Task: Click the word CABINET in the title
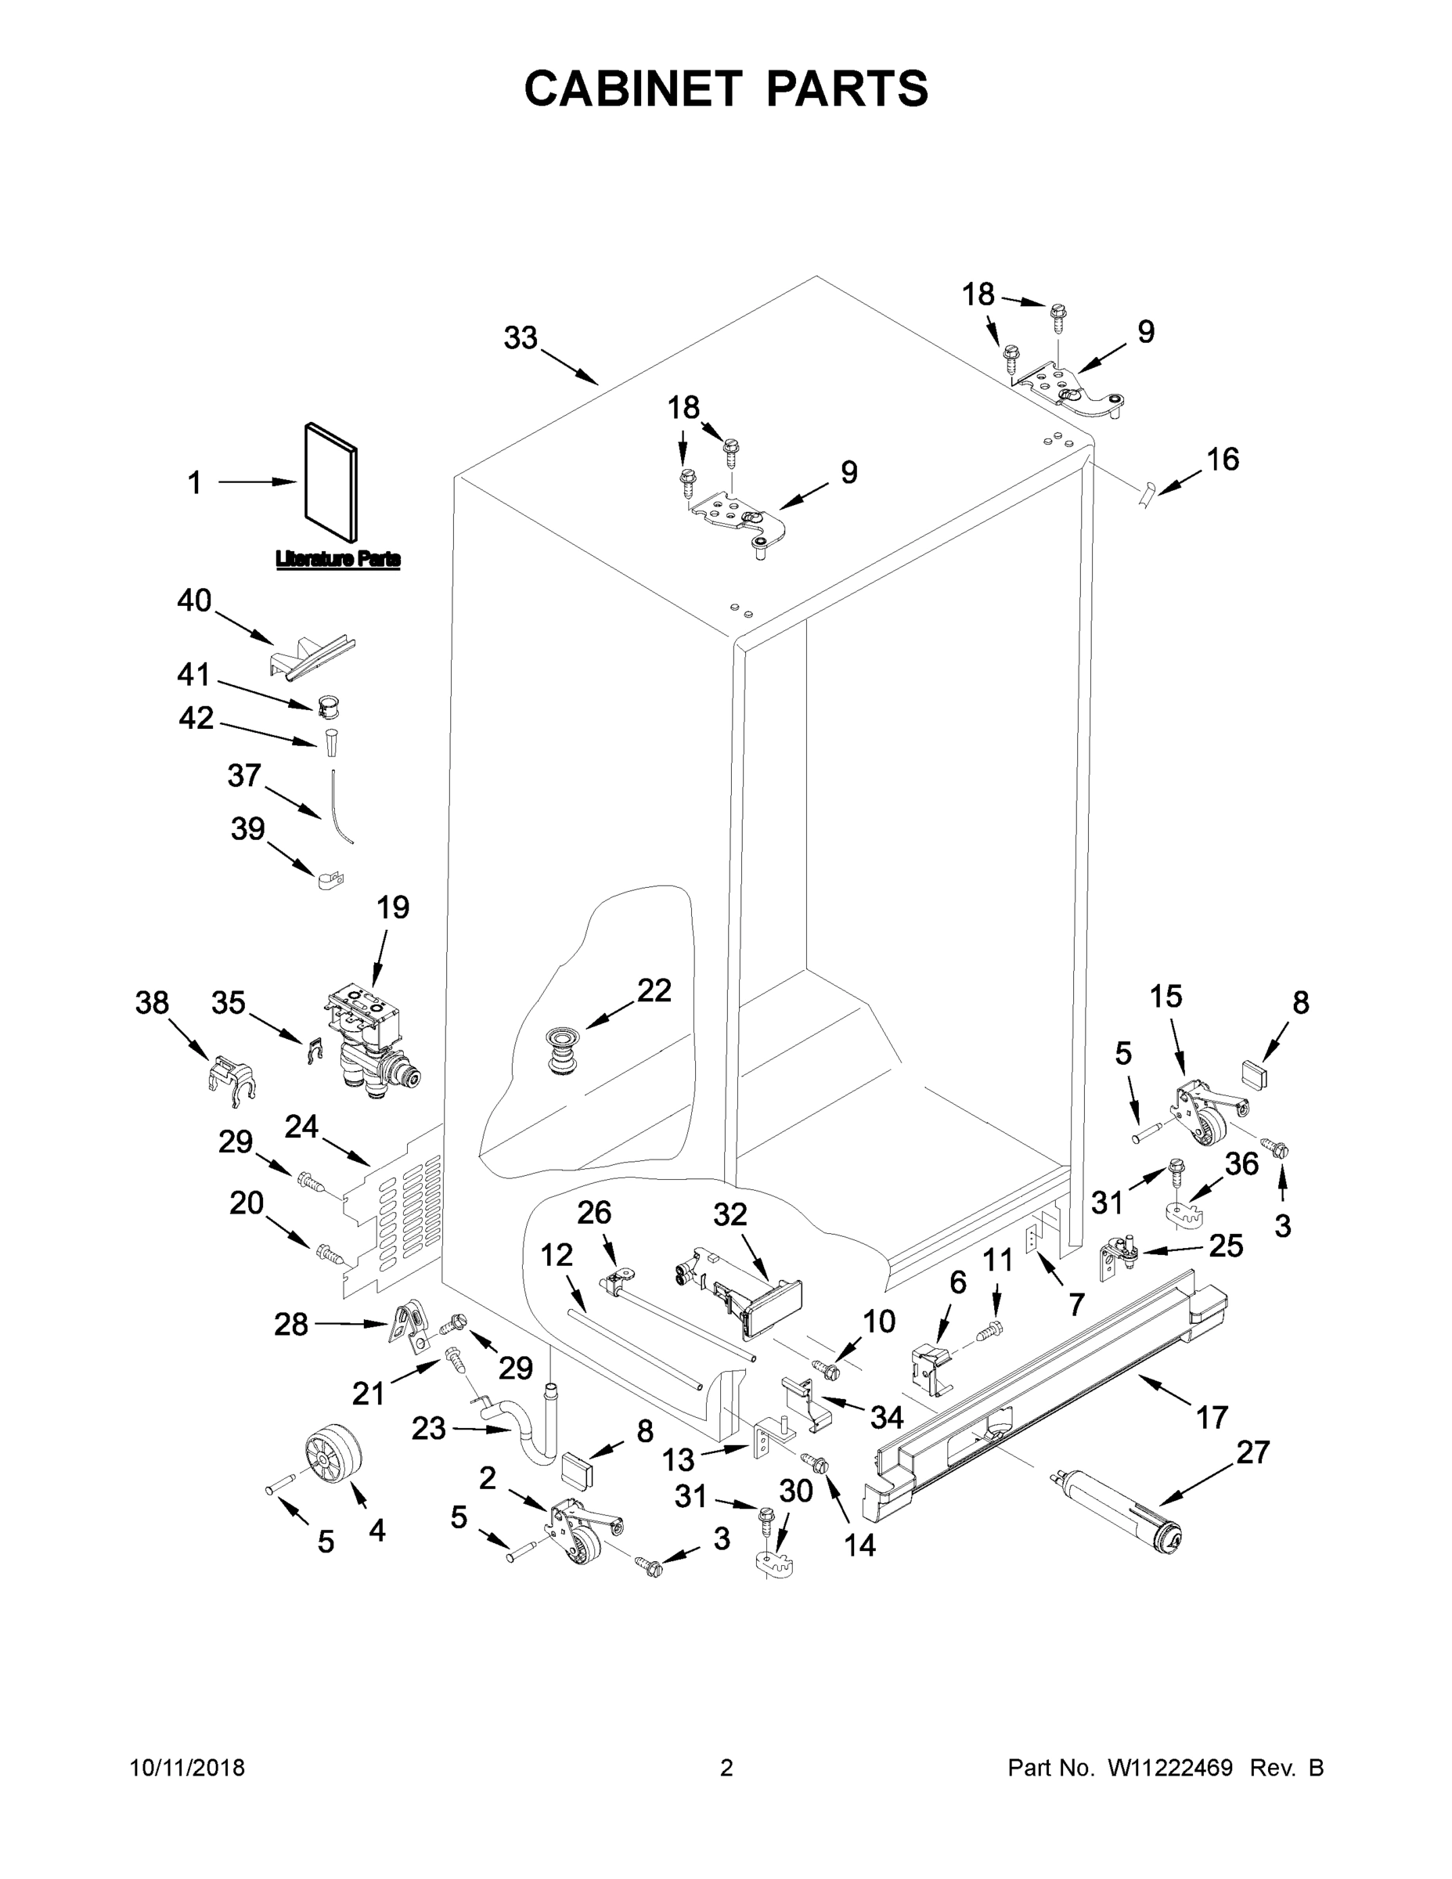point(633,88)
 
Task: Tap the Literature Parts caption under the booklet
point(337,560)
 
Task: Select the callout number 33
point(521,338)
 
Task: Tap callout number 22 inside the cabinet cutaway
point(654,990)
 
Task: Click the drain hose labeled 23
point(529,1434)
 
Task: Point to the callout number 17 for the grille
point(1211,1416)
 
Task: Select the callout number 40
point(194,600)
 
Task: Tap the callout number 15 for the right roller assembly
point(1166,997)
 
